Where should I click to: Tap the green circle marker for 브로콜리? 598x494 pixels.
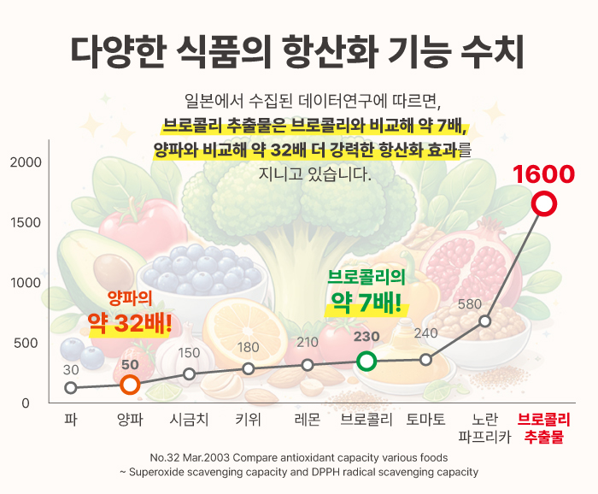[x=366, y=361]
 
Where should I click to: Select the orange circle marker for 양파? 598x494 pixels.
[x=130, y=385]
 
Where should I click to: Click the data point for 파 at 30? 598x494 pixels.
[x=71, y=388]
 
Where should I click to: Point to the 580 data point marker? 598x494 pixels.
[x=484, y=321]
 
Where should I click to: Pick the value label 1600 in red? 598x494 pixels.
[x=543, y=173]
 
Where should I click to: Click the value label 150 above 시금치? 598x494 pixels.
[x=189, y=352]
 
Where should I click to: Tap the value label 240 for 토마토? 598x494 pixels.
[x=425, y=333]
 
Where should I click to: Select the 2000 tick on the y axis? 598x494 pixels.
[x=26, y=162]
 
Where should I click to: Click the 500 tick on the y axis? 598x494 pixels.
[x=29, y=343]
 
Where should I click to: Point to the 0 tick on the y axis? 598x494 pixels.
[x=26, y=403]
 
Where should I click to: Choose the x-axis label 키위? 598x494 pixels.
[x=248, y=420]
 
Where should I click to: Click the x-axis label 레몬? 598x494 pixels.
[x=307, y=420]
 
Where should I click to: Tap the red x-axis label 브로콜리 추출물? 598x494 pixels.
[x=544, y=428]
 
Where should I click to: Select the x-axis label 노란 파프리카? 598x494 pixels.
[x=484, y=428]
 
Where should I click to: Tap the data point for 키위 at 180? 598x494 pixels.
[x=248, y=368]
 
